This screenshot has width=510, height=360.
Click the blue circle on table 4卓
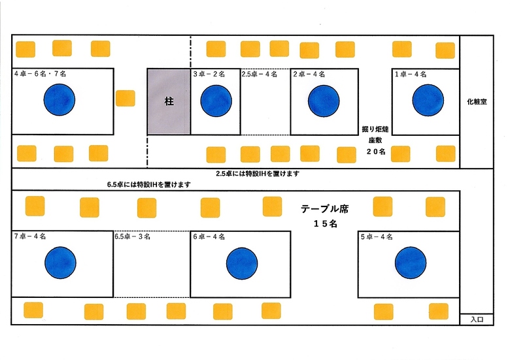(59, 101)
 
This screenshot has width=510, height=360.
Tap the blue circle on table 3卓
(216, 101)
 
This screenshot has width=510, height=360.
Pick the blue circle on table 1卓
(428, 101)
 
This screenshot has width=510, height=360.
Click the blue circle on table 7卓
(60, 263)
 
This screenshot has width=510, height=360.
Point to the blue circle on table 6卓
(242, 263)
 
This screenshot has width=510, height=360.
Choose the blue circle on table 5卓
(411, 263)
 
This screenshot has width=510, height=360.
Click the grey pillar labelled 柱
(169, 101)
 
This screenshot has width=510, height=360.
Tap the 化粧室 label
(476, 102)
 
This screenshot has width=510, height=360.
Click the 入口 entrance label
(476, 319)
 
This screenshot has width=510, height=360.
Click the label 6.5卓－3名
(133, 236)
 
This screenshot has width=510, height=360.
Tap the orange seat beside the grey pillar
(125, 98)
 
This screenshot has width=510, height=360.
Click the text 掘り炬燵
(375, 129)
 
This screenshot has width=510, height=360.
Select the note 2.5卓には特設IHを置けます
(258, 174)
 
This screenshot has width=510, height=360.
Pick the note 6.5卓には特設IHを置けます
(149, 184)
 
